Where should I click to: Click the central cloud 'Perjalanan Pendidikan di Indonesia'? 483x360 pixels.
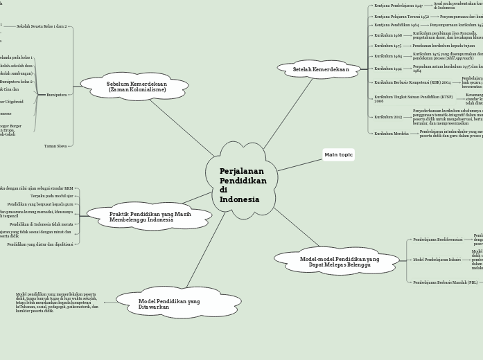click(x=242, y=185)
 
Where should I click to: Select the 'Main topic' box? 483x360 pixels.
click(x=338, y=154)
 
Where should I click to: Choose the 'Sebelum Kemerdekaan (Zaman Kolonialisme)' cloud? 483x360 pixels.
click(x=136, y=87)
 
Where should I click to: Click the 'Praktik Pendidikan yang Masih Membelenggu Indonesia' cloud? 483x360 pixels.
click(x=150, y=217)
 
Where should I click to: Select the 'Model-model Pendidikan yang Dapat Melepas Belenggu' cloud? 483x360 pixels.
click(x=339, y=262)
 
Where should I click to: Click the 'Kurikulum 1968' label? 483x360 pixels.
click(x=388, y=35)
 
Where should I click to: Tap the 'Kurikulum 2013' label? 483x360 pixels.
click(x=388, y=117)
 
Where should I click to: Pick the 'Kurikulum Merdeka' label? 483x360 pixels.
click(x=392, y=133)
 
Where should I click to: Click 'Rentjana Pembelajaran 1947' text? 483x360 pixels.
click(x=398, y=5)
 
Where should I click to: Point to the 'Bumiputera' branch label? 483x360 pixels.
click(x=56, y=94)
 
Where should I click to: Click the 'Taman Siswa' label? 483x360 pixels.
click(x=55, y=145)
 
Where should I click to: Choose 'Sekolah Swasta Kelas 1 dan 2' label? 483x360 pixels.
click(x=42, y=26)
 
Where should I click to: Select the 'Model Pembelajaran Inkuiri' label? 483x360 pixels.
click(x=437, y=260)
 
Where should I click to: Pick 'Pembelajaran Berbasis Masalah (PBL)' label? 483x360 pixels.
click(x=445, y=282)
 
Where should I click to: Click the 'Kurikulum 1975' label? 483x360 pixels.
click(x=388, y=45)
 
